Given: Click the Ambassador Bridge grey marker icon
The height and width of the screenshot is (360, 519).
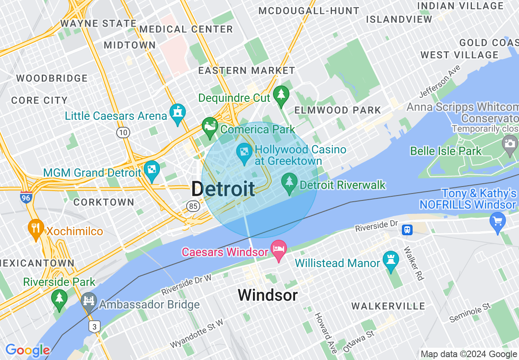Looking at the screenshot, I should point(89,301).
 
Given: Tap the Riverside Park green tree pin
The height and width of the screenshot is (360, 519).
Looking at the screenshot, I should point(59,299).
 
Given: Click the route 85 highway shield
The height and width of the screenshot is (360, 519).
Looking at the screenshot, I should point(193,206).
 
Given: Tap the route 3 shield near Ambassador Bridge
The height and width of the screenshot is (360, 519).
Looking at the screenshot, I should point(95,326).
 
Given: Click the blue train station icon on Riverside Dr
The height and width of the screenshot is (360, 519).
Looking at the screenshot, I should point(407,229).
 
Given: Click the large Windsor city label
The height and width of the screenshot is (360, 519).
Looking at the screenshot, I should point(268,295).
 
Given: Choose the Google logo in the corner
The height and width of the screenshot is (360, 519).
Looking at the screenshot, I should point(27,350).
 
